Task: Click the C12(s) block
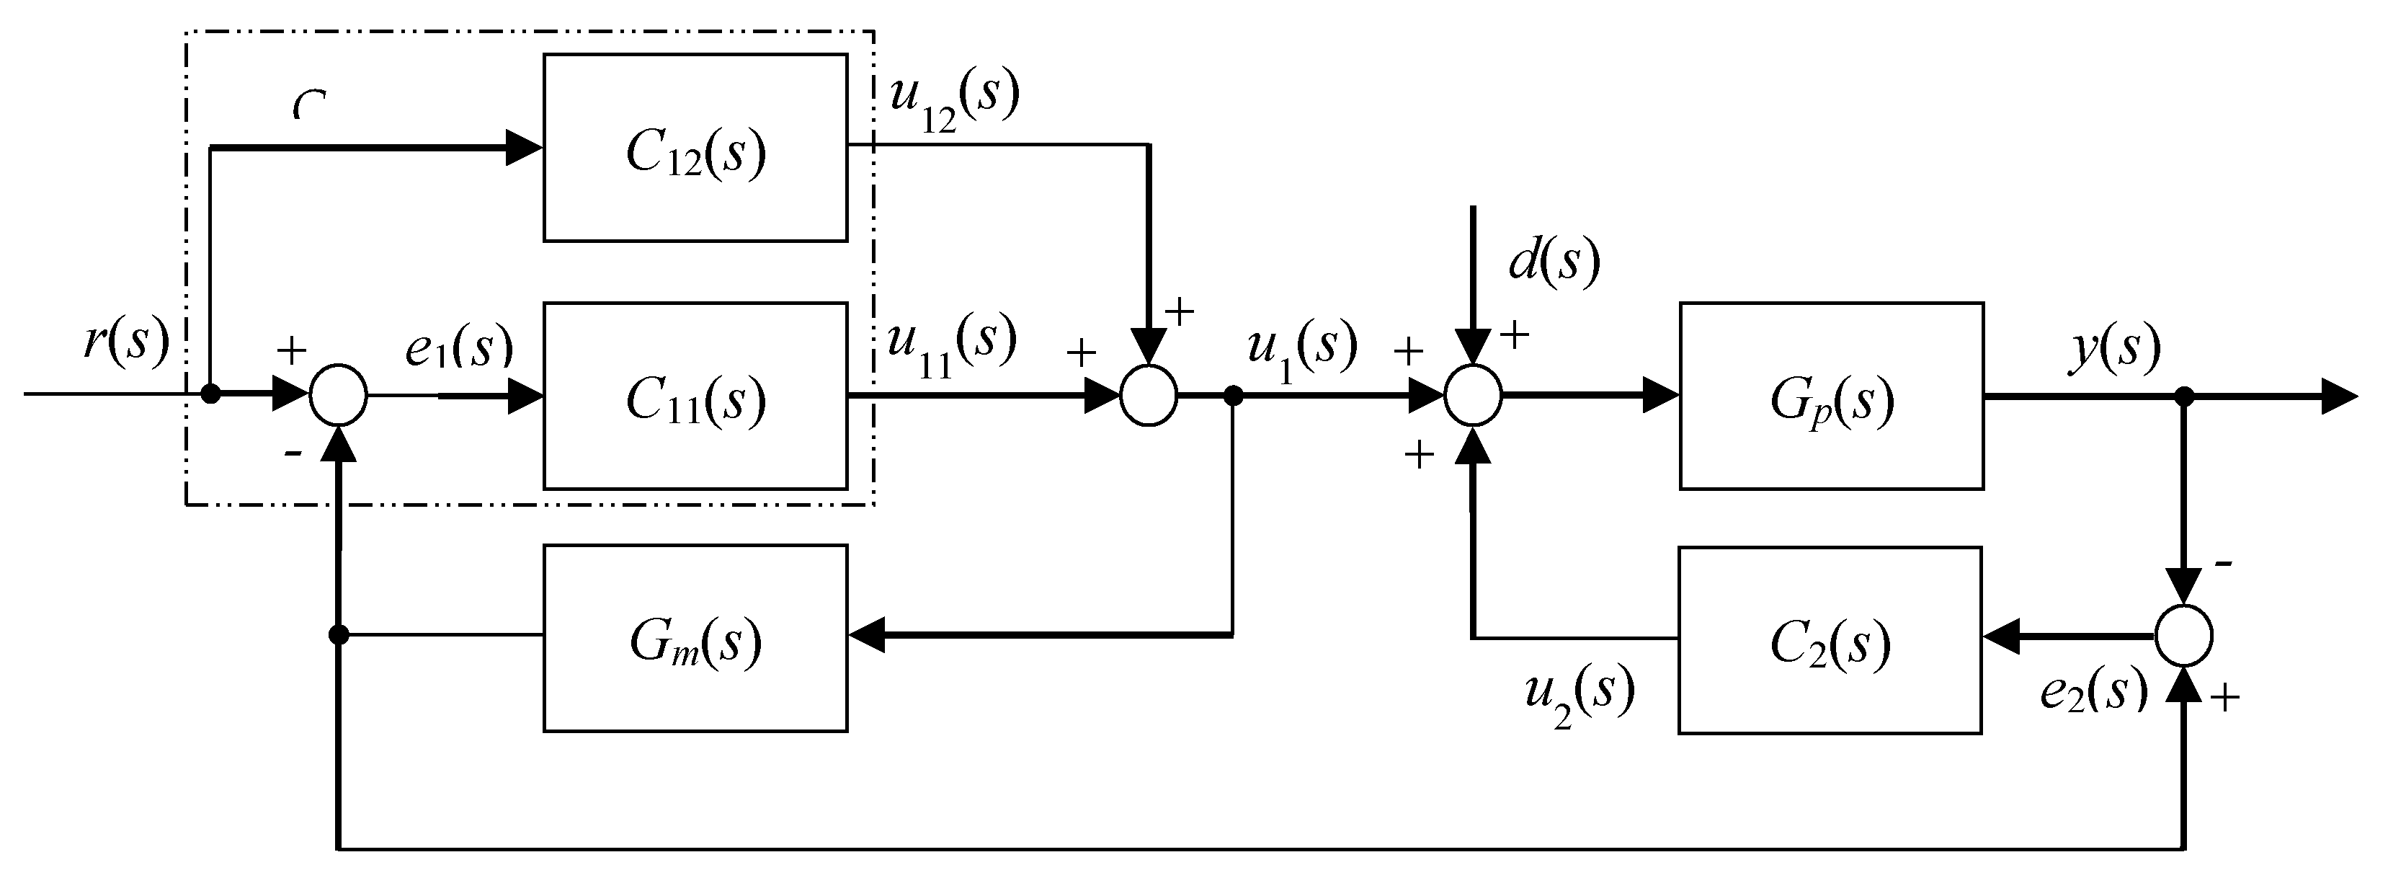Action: coord(695,148)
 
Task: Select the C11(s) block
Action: coord(695,396)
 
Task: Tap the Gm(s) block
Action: coord(695,639)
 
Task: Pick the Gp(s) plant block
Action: coord(1831,396)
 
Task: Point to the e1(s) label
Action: coord(459,347)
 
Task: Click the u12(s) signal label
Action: coord(954,100)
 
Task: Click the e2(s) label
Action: coord(2093,691)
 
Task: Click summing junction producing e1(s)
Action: coord(339,396)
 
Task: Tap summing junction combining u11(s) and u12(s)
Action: coord(1149,396)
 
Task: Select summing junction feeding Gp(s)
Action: coord(1473,396)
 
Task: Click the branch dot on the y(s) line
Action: coord(2185,396)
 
